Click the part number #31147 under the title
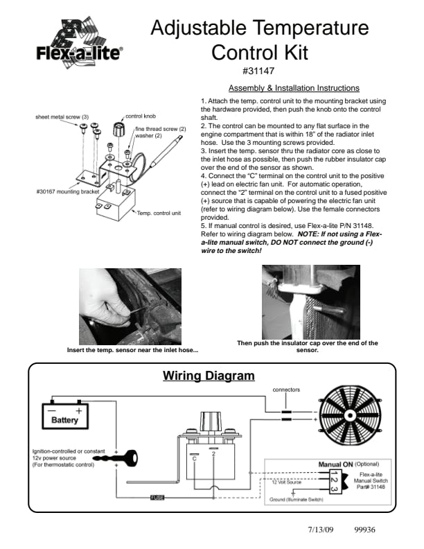pyautogui.click(x=258, y=71)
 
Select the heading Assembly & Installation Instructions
pyautogui.click(x=294, y=88)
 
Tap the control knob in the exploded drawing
pyautogui.click(x=118, y=130)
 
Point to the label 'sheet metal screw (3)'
pyautogui.click(x=62, y=117)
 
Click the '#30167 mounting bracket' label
pyautogui.click(x=67, y=191)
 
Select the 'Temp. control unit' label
pyautogui.click(x=159, y=213)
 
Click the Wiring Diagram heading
pyautogui.click(x=209, y=376)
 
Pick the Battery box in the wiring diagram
pyautogui.click(x=65, y=417)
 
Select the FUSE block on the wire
pyautogui.click(x=157, y=498)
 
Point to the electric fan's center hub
pyautogui.click(x=350, y=415)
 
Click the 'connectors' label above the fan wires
pyautogui.click(x=286, y=390)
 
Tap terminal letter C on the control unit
pyautogui.click(x=195, y=459)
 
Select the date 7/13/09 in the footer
pyautogui.click(x=321, y=530)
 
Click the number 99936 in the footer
pyautogui.click(x=364, y=530)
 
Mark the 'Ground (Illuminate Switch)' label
pyautogui.click(x=297, y=499)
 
